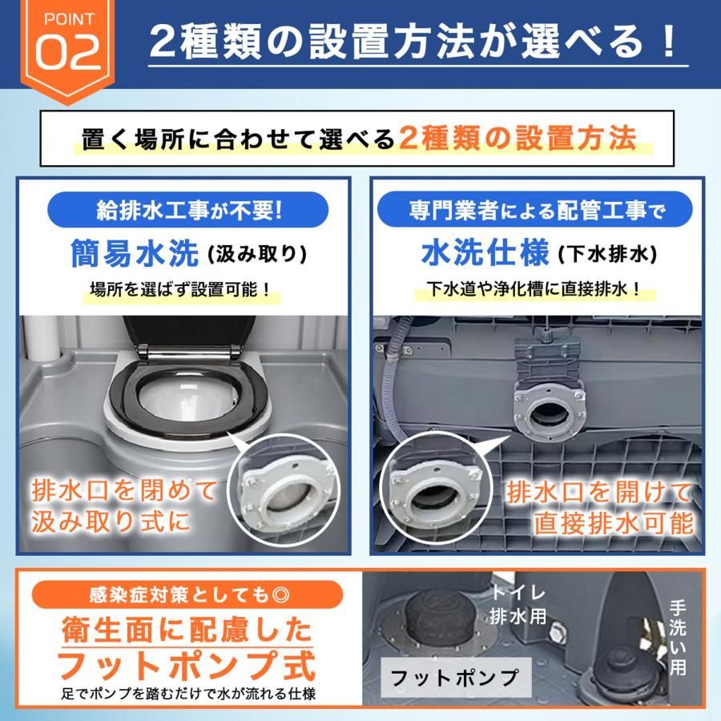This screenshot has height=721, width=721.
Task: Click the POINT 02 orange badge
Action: [68, 48]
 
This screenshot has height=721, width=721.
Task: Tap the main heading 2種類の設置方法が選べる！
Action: [413, 42]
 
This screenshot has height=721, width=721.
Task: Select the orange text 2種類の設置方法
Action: [518, 138]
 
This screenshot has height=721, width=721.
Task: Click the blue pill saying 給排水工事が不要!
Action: [188, 210]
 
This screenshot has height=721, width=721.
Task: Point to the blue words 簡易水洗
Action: [135, 253]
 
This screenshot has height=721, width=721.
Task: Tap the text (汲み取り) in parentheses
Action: [257, 255]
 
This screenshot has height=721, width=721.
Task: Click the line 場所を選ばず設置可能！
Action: [180, 290]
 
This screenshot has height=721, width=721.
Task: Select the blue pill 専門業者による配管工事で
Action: [535, 210]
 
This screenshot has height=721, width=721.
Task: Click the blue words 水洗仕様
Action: [485, 253]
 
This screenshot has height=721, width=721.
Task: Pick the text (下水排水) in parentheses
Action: [608, 255]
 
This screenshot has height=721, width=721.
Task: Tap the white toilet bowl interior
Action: [188, 397]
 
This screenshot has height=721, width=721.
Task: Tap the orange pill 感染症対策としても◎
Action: [187, 595]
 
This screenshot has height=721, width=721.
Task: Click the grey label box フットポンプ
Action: [456, 677]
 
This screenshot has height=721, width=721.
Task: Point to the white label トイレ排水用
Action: [518, 605]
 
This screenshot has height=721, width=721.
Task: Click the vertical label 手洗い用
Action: [678, 638]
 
